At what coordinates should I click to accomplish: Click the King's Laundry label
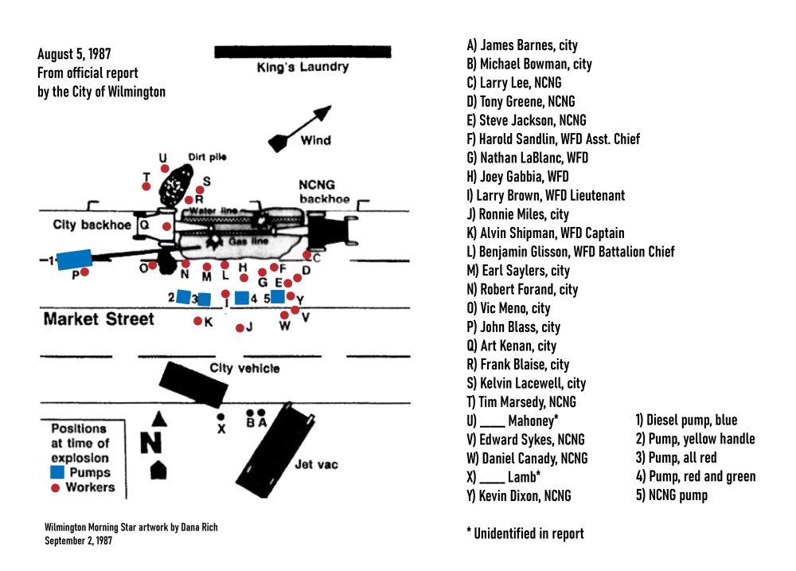click(302, 68)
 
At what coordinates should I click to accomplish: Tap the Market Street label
click(99, 319)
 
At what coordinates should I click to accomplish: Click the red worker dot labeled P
click(84, 272)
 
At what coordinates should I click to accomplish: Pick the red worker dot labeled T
click(146, 186)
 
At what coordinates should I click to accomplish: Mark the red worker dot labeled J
click(239, 327)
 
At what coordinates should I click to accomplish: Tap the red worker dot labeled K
click(198, 321)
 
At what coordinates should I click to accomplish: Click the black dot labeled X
click(220, 417)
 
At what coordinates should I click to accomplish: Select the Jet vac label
click(310, 464)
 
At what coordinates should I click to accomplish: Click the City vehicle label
click(244, 369)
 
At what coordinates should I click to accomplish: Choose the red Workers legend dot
click(56, 487)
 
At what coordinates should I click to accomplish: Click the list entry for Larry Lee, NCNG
click(518, 83)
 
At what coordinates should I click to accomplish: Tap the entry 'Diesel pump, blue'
click(686, 420)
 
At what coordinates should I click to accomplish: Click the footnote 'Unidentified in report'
click(525, 534)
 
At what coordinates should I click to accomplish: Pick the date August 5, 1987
click(74, 55)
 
